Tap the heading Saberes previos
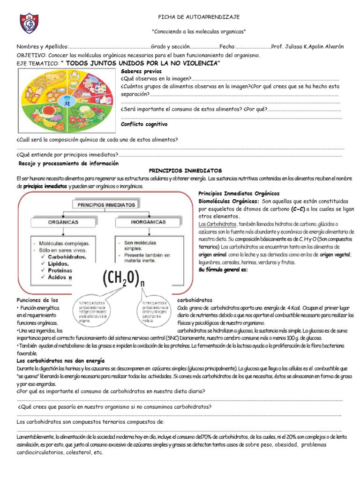pyautogui.click(x=141, y=71)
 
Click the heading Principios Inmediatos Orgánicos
pyautogui.click(x=239, y=193)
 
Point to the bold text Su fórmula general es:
pyautogui.click(x=223, y=270)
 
